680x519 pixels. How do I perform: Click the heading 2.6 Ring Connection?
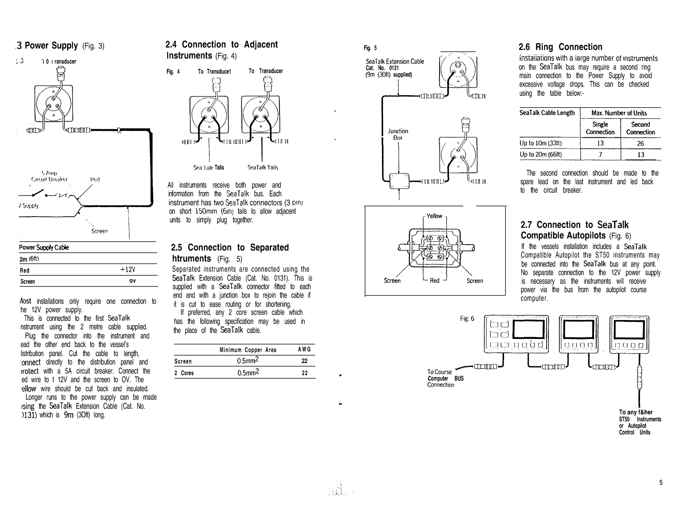pyautogui.click(x=560, y=47)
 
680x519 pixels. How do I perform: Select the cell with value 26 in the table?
pyautogui.click(x=640, y=143)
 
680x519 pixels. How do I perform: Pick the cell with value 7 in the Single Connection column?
pyautogui.click(x=600, y=155)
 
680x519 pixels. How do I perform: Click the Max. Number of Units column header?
pyautogui.click(x=619, y=113)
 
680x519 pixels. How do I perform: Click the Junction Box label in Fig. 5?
pyautogui.click(x=398, y=134)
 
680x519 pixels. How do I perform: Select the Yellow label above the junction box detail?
pyautogui.click(x=434, y=216)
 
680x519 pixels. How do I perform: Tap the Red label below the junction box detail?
pyautogui.click(x=434, y=281)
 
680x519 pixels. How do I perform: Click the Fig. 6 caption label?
pyautogui.click(x=467, y=319)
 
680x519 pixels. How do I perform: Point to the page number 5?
pyautogui.click(x=661, y=482)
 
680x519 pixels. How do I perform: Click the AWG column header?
pyautogui.click(x=304, y=350)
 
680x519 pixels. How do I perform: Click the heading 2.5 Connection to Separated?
pyautogui.click(x=230, y=248)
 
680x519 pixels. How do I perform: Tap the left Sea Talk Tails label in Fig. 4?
pyautogui.click(x=209, y=168)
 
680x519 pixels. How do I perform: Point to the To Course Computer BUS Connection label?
pyautogui.click(x=445, y=378)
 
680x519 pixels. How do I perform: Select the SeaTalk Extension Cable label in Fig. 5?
pyautogui.click(x=395, y=62)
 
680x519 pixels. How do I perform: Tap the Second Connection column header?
pyautogui.click(x=640, y=128)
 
